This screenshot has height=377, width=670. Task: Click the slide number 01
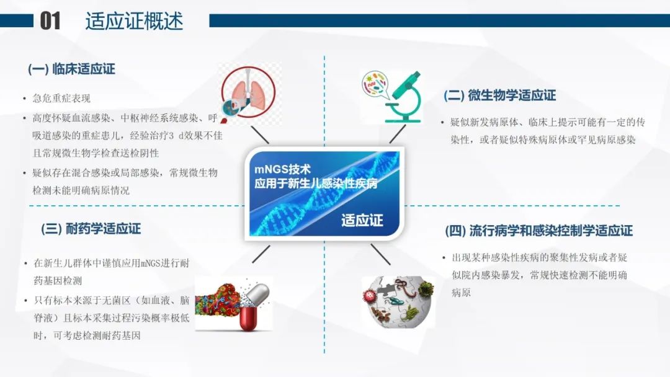tap(50, 21)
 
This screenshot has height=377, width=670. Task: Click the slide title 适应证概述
tap(134, 21)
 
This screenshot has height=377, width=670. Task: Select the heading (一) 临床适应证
tap(71, 69)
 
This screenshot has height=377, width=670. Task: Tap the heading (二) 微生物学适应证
tap(499, 95)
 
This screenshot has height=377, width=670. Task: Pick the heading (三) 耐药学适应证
tap(91, 229)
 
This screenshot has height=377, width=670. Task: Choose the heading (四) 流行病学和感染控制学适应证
tap(538, 231)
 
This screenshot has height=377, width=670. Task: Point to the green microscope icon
tap(404, 97)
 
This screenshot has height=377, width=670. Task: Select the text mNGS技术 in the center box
tap(282, 169)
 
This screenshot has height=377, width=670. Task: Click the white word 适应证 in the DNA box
tap(362, 220)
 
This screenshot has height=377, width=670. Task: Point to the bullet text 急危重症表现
tap(61, 99)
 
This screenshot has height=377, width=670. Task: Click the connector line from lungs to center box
tap(260, 135)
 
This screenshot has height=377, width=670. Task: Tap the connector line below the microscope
tap(398, 135)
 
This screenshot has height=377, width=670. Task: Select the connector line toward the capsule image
tap(261, 254)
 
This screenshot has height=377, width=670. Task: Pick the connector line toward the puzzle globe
tap(380, 254)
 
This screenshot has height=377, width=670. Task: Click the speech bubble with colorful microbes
tap(375, 84)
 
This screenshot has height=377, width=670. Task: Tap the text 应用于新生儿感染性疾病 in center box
tap(316, 184)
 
